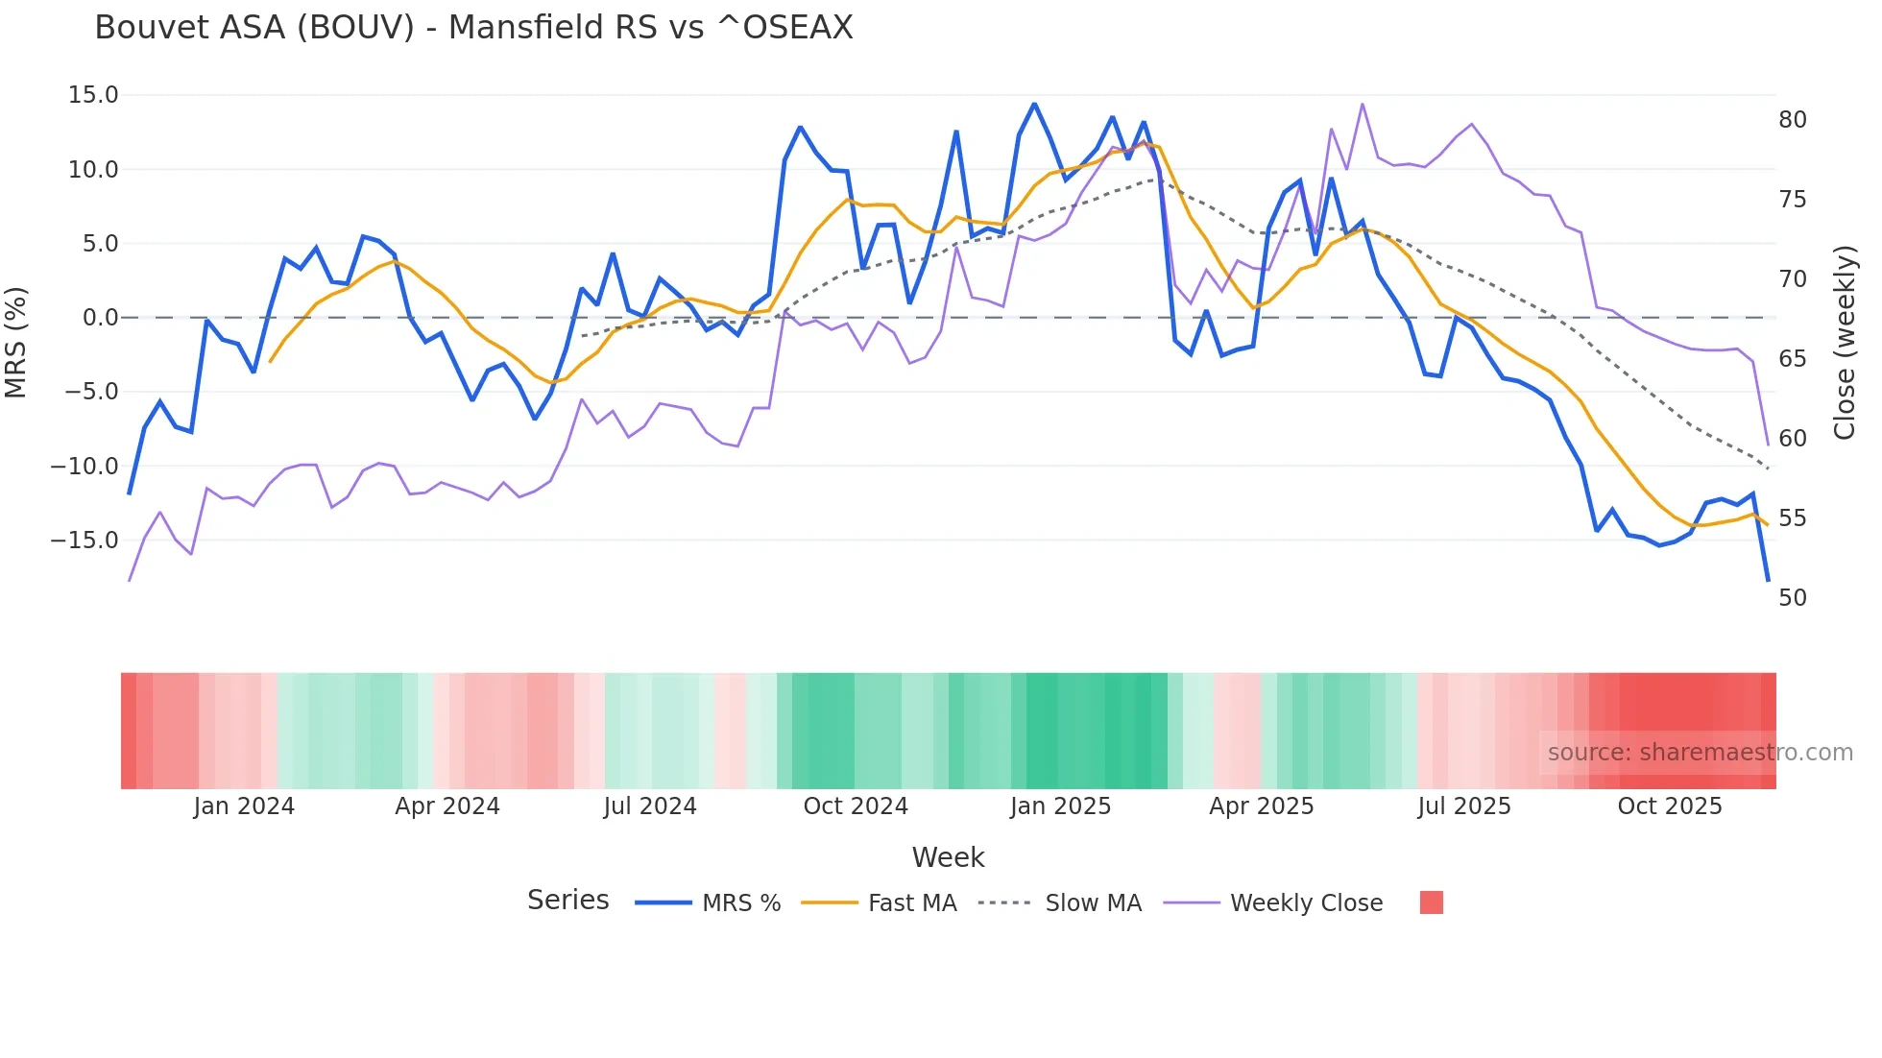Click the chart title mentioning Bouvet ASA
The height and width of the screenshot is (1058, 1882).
473,28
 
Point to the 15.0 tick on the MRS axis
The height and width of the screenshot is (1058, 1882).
93,95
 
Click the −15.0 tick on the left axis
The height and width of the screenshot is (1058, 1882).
84,541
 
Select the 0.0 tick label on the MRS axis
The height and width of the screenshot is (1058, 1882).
100,318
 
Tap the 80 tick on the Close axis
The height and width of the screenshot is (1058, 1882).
1792,120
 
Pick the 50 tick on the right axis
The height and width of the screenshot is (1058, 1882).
1792,598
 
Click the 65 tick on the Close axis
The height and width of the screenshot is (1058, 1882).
1792,359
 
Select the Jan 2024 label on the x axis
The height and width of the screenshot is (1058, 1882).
244,806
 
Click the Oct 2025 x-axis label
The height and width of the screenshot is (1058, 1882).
1669,806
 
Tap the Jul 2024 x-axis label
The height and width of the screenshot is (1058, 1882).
650,806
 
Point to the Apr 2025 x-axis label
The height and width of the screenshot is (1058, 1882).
1261,806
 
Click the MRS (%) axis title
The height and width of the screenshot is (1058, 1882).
16,342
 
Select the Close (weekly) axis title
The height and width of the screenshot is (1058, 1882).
1844,343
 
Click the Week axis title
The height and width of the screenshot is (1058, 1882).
948,857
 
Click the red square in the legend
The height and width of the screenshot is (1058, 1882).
1431,902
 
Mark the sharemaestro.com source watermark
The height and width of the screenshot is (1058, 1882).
1700,753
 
